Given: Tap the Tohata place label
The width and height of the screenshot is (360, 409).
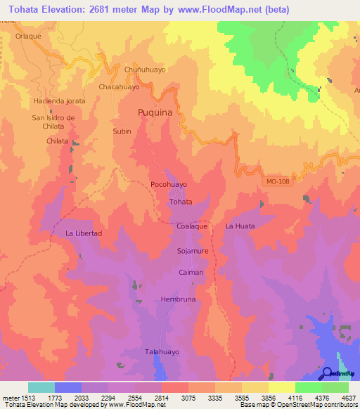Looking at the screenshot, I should click(181, 202).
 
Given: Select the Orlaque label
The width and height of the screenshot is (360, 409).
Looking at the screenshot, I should click(29, 37).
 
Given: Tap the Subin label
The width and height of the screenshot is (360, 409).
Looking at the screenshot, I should click(122, 131).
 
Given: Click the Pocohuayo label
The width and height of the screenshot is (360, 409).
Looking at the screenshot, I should click(169, 184).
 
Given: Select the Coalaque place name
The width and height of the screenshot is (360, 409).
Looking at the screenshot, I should click(191, 226).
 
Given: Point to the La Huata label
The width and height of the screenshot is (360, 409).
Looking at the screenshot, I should click(240, 226).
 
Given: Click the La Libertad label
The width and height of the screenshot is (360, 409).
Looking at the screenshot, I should click(84, 233).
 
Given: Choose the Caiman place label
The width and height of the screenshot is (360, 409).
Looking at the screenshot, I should click(191, 273).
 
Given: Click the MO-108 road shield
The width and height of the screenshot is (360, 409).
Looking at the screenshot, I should click(278, 182).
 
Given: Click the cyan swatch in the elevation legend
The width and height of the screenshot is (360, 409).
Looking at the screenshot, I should click(41, 387).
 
